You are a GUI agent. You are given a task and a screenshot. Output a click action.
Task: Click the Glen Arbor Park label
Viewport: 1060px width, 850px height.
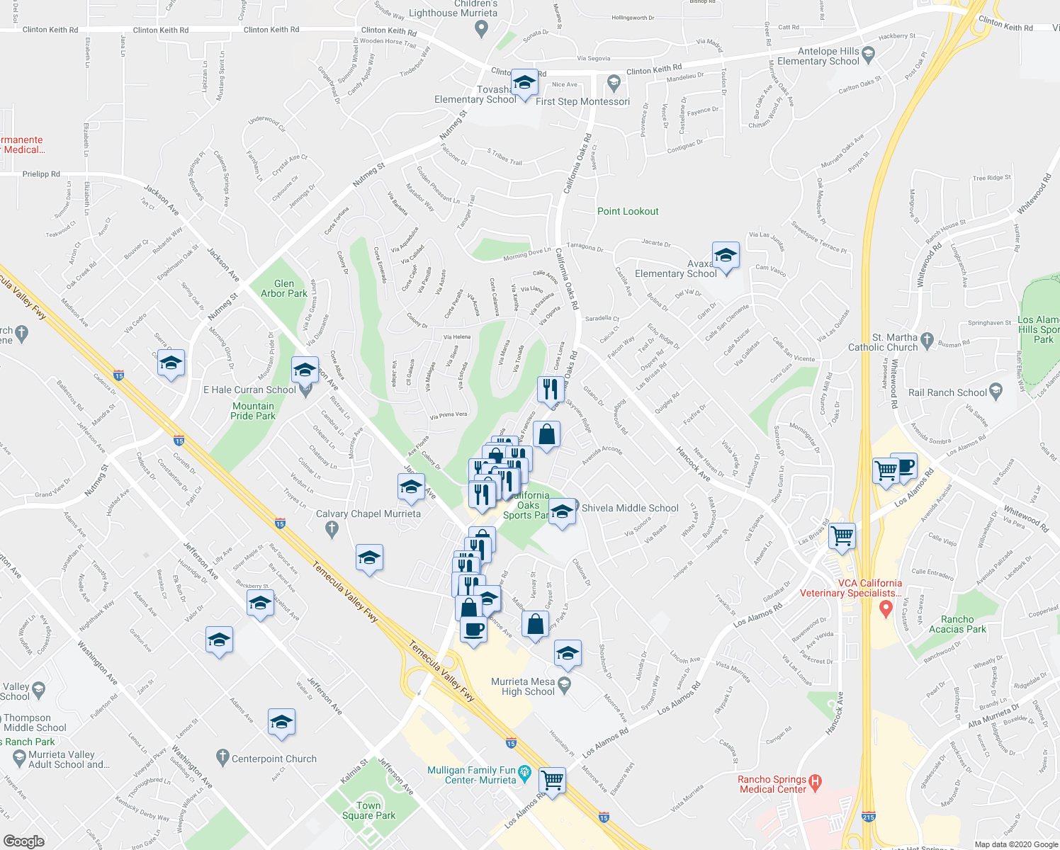tap(283, 288)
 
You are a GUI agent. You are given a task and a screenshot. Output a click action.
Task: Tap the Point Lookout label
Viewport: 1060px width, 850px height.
tap(628, 211)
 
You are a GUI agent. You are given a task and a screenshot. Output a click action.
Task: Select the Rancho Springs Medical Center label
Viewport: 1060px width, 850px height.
tap(772, 784)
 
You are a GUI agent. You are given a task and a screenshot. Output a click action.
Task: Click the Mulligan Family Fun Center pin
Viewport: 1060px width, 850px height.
tap(525, 772)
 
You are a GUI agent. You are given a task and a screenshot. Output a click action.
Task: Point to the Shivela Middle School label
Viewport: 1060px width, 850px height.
tap(630, 508)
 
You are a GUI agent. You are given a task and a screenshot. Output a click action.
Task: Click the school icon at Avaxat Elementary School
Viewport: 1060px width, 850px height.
tap(726, 255)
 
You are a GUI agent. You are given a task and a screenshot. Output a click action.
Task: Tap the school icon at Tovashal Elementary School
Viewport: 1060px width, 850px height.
tap(524, 83)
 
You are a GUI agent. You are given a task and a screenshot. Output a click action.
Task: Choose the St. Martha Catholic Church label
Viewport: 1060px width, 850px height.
tap(883, 342)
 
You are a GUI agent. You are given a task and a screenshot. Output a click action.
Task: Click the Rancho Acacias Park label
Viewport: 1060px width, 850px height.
tap(957, 624)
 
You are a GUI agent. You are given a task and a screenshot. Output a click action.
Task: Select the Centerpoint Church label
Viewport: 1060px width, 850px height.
tap(274, 759)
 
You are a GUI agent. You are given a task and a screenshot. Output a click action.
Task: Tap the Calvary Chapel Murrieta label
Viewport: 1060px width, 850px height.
tap(368, 514)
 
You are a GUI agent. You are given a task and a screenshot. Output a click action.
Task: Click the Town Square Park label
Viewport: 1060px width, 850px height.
tap(368, 810)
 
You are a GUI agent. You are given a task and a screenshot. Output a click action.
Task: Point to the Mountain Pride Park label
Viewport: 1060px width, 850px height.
tap(253, 411)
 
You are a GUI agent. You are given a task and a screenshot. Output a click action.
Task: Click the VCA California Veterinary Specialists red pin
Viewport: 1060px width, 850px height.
tap(885, 608)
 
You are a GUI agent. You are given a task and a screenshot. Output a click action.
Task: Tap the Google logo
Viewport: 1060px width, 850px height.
tap(23, 841)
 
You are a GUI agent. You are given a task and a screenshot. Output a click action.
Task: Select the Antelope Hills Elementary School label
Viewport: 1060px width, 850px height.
tap(818, 56)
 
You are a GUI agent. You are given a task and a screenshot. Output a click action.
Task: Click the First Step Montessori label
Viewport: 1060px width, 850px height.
tap(582, 101)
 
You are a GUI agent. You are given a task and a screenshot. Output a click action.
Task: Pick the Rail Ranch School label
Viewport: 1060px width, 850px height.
tap(947, 392)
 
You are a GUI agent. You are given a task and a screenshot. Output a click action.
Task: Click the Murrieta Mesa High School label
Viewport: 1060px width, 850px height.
tap(523, 686)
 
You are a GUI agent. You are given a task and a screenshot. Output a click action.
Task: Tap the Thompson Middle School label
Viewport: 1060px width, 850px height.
tap(35, 722)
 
